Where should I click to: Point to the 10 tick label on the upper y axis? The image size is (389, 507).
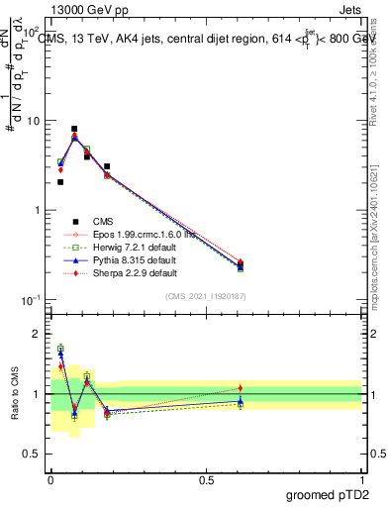32,121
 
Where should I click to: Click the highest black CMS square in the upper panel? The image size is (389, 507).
74,129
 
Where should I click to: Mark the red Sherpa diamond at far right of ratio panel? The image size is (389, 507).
241,387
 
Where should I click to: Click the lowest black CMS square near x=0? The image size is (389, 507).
60,182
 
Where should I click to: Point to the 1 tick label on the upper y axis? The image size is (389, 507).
36,210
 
